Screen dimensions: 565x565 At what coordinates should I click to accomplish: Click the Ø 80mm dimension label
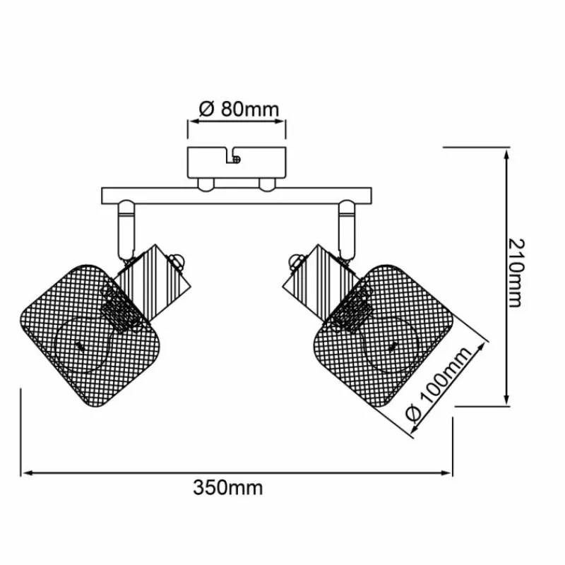[239, 109]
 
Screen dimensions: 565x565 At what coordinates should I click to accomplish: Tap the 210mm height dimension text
[516, 273]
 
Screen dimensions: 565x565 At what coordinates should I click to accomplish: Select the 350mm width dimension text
[228, 488]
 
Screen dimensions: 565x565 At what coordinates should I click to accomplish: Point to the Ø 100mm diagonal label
[439, 383]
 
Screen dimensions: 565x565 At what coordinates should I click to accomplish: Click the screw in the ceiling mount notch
[237, 159]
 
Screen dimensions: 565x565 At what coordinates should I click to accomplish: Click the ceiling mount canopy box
[237, 162]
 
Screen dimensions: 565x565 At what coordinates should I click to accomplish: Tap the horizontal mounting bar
[237, 196]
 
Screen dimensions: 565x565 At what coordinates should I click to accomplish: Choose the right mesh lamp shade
[383, 336]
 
